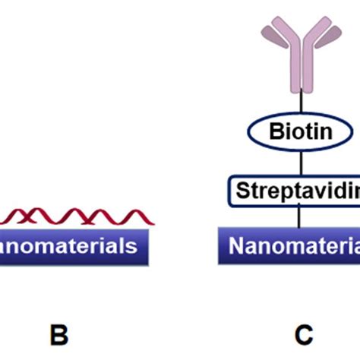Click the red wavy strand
point(76,217)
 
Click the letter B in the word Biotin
point(275,131)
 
